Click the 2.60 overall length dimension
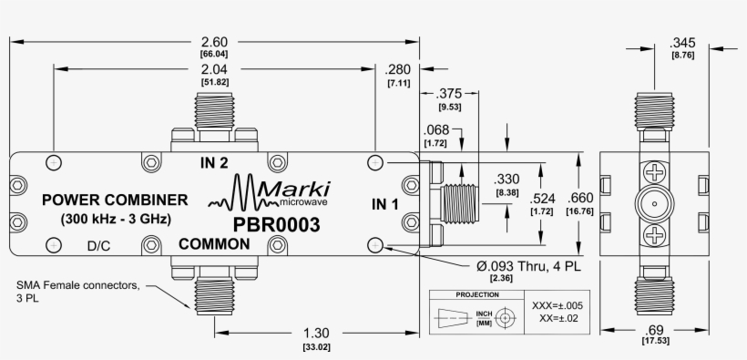tap(213, 41)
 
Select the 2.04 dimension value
tap(213, 68)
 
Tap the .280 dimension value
tap(398, 69)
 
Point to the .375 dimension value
tap(447, 93)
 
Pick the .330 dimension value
tap(507, 179)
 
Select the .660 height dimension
tap(580, 198)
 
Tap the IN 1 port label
tap(384, 204)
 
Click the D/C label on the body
tap(99, 246)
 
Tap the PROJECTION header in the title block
tap(476, 295)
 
